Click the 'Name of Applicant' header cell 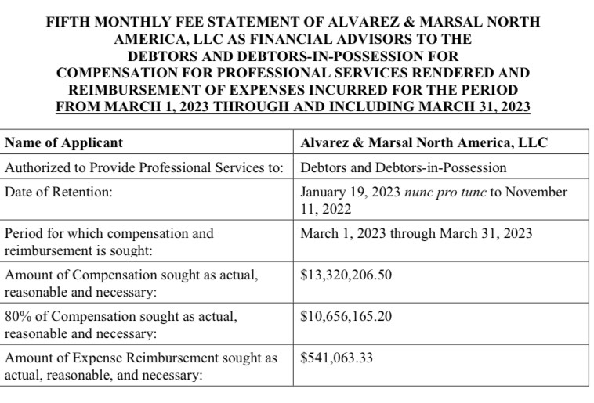click(63, 143)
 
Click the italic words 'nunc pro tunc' click(444, 192)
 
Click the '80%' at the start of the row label click(19, 317)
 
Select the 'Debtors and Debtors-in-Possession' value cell click(403, 167)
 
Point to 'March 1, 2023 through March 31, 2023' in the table click(416, 233)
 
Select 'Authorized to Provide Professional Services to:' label click(144, 167)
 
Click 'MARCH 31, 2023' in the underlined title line click(477, 106)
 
